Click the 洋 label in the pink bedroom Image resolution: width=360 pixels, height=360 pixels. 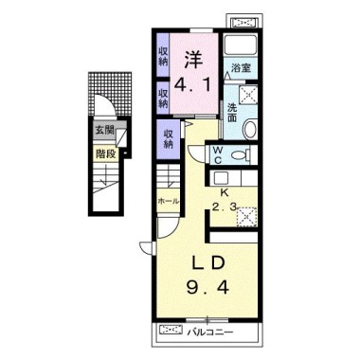pyautogui.click(x=193, y=60)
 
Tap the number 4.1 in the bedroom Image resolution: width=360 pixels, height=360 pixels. pyautogui.click(x=193, y=85)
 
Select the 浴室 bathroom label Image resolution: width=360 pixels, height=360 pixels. pyautogui.click(x=241, y=68)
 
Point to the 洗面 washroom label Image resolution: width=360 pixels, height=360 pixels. pyautogui.click(x=232, y=113)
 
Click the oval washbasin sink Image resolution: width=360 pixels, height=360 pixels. pyautogui.click(x=250, y=129)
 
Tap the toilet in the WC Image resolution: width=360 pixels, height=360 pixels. pyautogui.click(x=242, y=155)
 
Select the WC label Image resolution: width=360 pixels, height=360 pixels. pyautogui.click(x=218, y=155)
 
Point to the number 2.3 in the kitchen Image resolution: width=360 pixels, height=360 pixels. pyautogui.click(x=224, y=207)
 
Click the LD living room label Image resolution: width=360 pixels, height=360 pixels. pyautogui.click(x=209, y=263)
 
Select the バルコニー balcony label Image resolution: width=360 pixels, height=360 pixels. pyautogui.click(x=210, y=333)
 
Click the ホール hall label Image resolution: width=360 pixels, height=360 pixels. pyautogui.click(x=169, y=201)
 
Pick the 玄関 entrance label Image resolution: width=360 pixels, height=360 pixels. pyautogui.click(x=104, y=130)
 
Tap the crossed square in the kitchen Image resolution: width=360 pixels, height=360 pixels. pyautogui.click(x=247, y=216)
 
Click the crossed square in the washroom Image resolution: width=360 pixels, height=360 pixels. pyautogui.click(x=248, y=94)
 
